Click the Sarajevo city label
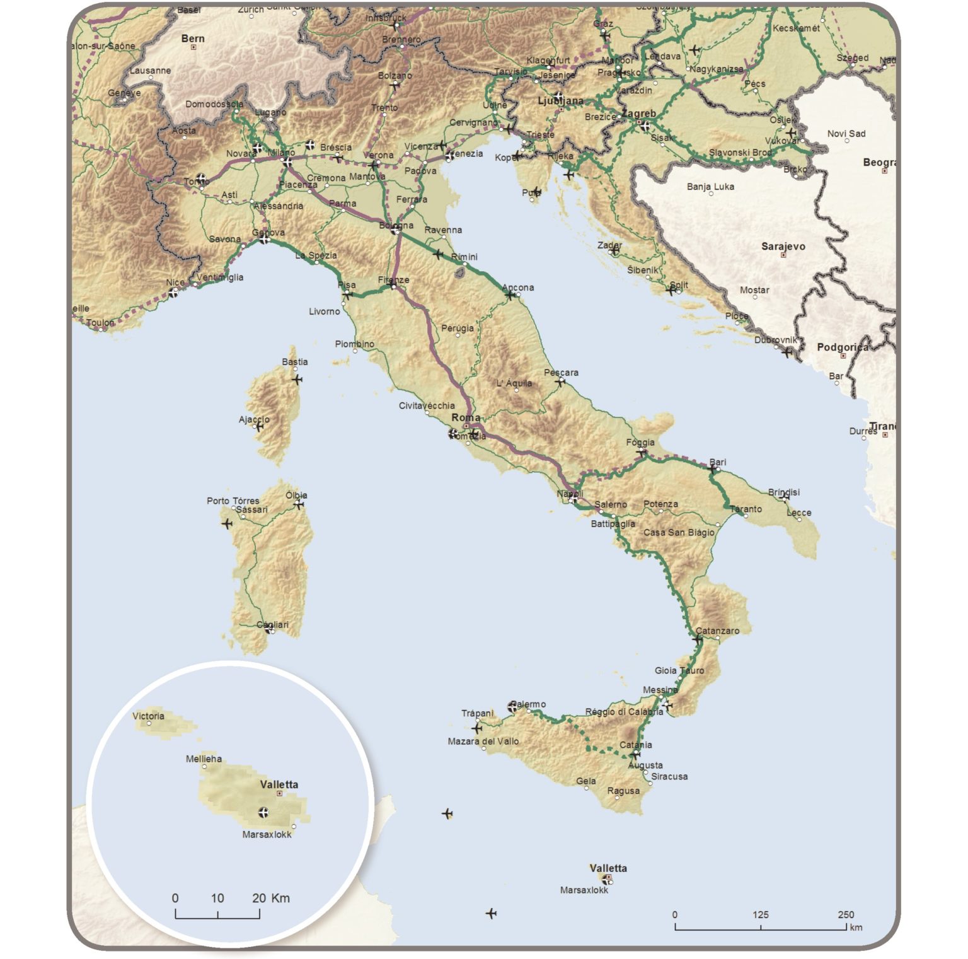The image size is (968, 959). [x=783, y=247]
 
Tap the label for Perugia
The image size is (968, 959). [x=458, y=328]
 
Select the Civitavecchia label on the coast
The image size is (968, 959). [x=427, y=405]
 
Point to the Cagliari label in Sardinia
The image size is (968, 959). [x=272, y=625]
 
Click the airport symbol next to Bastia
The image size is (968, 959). [x=297, y=380]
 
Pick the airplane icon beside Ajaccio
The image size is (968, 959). [x=258, y=427]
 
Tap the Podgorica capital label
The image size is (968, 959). [x=843, y=347]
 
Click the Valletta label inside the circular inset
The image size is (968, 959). [x=279, y=785]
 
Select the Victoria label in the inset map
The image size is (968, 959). [x=148, y=716]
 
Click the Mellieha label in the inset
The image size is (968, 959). [x=204, y=759]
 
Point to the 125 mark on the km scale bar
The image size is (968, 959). [x=760, y=915]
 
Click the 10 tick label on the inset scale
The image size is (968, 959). [x=217, y=898]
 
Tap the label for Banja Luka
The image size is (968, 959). [x=710, y=187]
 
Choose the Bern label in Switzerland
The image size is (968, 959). [x=193, y=38]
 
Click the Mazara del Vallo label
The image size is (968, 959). [x=483, y=741]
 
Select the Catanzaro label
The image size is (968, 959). [x=717, y=631]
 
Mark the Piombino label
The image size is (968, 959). [x=354, y=344]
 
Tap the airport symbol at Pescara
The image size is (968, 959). [x=560, y=382]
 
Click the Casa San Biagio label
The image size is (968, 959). [x=679, y=532]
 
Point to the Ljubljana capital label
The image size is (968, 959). [x=560, y=101]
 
